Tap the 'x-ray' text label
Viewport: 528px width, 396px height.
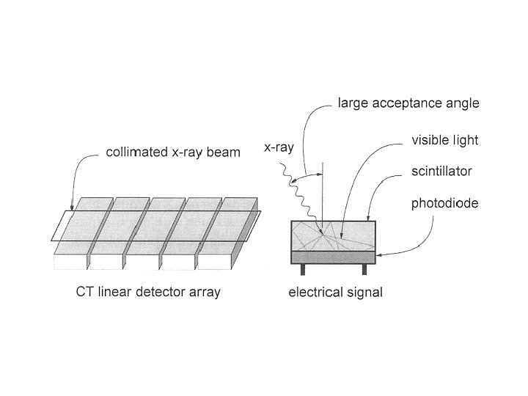coord(279,147)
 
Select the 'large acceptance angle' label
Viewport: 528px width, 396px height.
coord(408,104)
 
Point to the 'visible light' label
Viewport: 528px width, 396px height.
coord(444,140)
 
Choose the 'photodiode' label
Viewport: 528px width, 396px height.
coord(444,203)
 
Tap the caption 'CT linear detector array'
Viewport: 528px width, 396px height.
coord(148,293)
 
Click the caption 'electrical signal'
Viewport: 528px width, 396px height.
coord(334,293)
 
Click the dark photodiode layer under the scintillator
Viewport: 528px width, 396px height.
coord(334,257)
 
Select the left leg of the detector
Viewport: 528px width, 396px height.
coord(301,269)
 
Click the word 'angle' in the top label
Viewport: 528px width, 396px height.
coord(463,104)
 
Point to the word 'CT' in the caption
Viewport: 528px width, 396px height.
coord(84,293)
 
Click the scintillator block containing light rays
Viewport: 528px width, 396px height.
coord(334,235)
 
